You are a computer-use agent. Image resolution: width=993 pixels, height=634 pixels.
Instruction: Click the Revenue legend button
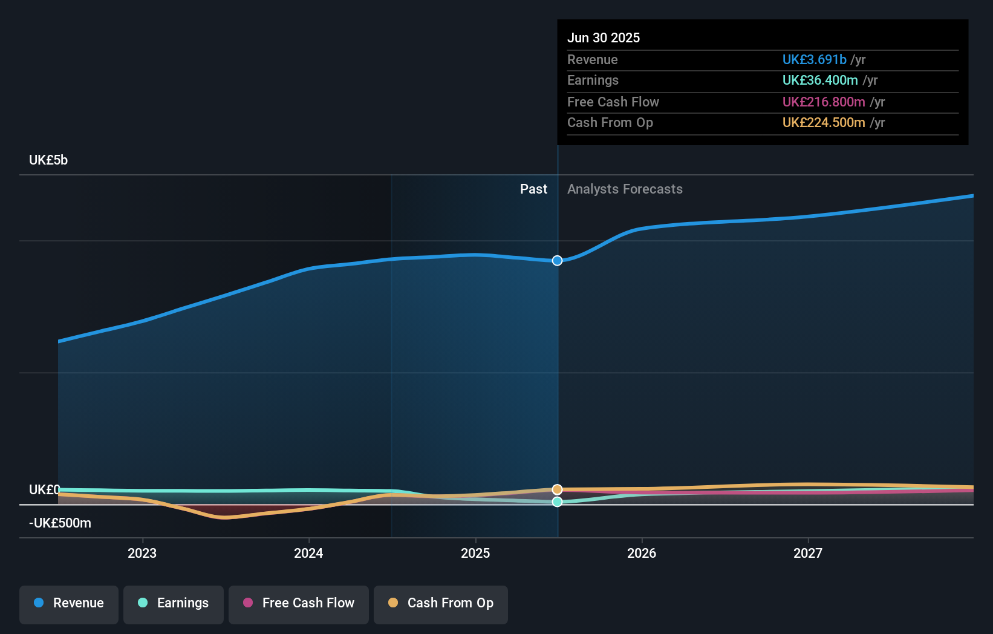pyautogui.click(x=69, y=603)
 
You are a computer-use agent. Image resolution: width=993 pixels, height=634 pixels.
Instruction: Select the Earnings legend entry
pyautogui.click(x=174, y=603)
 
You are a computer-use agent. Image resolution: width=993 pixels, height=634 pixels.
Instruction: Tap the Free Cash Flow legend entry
pyautogui.click(x=299, y=603)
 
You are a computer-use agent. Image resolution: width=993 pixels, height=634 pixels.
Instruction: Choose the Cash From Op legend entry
pyautogui.click(x=441, y=603)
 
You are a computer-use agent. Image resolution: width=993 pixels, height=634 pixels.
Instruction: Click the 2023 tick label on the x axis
pyautogui.click(x=142, y=554)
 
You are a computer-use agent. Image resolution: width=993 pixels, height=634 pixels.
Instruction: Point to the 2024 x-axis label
pyautogui.click(x=308, y=554)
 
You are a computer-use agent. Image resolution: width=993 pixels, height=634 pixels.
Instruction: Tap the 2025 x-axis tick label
pyautogui.click(x=475, y=554)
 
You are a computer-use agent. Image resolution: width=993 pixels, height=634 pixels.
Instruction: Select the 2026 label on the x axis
pyautogui.click(x=642, y=554)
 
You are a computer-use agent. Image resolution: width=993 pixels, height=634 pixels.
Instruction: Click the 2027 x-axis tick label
pyautogui.click(x=808, y=554)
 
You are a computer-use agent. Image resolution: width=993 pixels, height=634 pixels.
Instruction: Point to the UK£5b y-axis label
pyautogui.click(x=48, y=160)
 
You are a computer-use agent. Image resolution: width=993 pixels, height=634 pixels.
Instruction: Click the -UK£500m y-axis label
pyautogui.click(x=60, y=523)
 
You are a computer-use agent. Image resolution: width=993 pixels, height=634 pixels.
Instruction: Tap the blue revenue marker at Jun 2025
pyautogui.click(x=557, y=261)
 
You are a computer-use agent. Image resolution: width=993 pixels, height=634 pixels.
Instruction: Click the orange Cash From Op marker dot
pyautogui.click(x=557, y=489)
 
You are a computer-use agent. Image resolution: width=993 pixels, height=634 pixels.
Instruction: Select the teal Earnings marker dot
pyautogui.click(x=557, y=502)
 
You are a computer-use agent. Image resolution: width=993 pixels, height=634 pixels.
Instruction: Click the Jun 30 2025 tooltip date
pyautogui.click(x=603, y=38)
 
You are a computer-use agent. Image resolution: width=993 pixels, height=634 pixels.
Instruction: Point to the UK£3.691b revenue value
pyautogui.click(x=814, y=60)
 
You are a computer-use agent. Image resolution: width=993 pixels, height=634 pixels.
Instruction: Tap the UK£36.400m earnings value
pyautogui.click(x=819, y=80)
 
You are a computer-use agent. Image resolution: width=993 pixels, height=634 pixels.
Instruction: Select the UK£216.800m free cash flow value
pyautogui.click(x=823, y=102)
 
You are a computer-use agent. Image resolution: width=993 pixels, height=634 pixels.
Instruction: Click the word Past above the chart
pyautogui.click(x=533, y=189)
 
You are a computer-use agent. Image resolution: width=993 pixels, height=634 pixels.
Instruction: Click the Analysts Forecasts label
pyautogui.click(x=625, y=189)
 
